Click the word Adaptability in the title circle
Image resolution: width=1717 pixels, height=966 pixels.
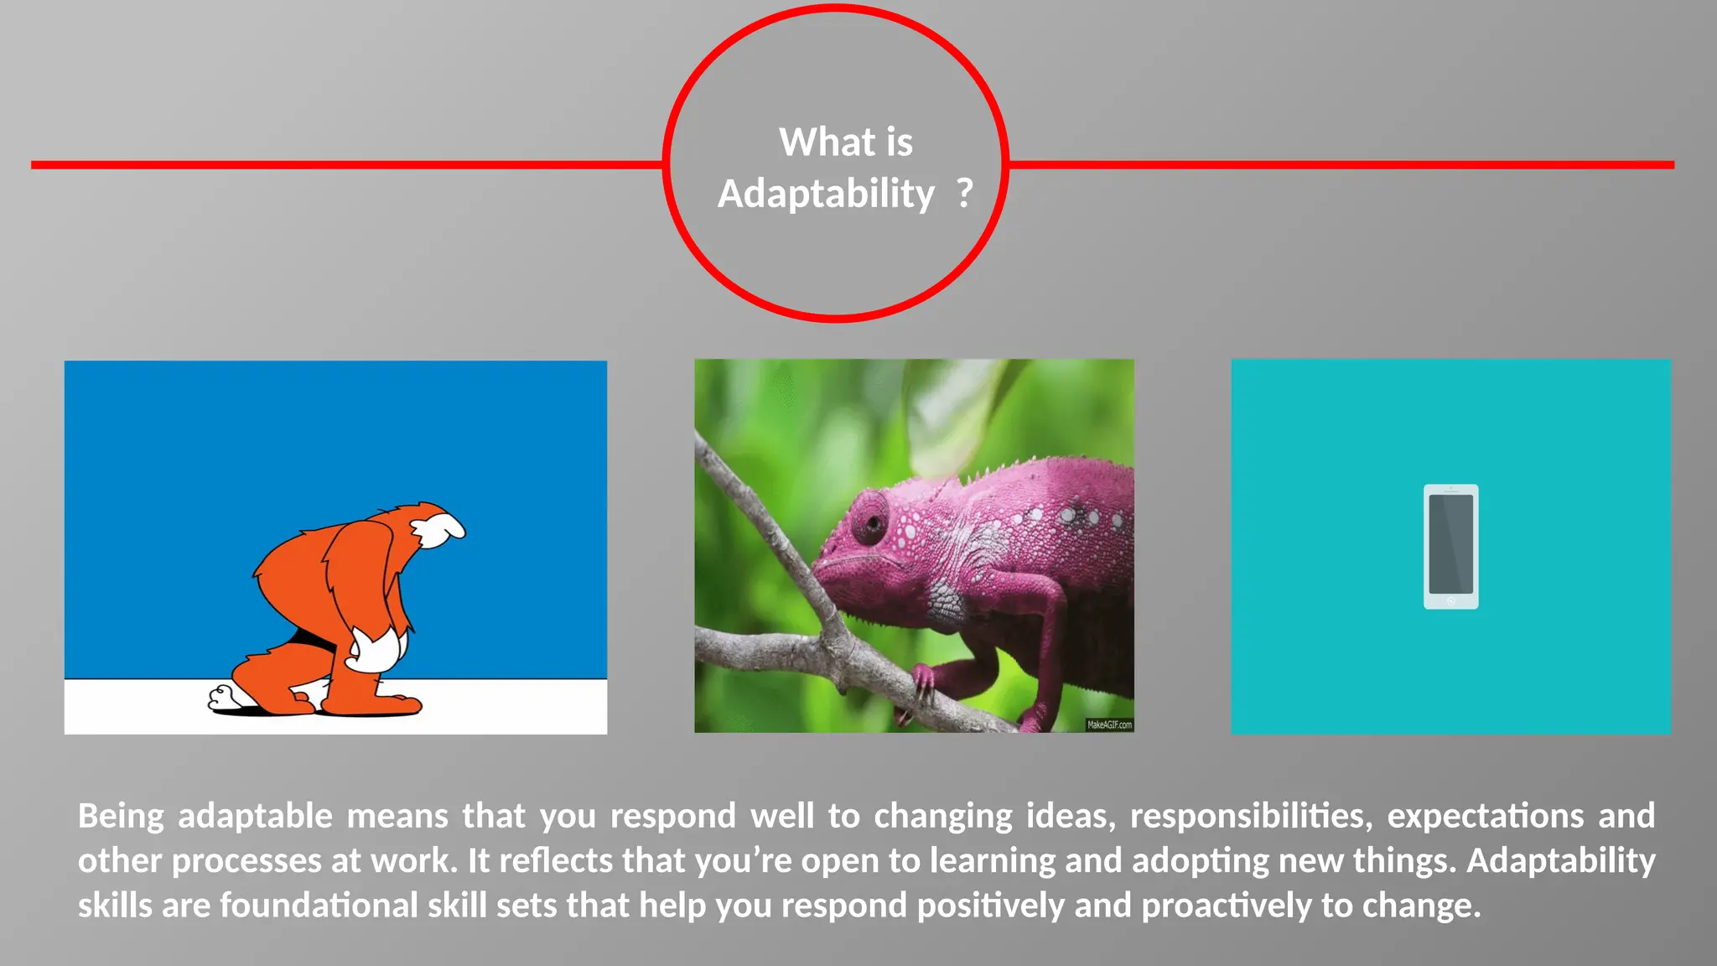pos(826,195)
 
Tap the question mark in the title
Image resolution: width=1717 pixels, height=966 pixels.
pos(965,193)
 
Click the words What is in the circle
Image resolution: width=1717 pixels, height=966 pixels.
pos(845,142)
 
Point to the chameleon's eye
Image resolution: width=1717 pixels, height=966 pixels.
pos(871,523)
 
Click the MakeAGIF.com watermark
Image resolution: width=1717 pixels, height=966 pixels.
pos(1108,724)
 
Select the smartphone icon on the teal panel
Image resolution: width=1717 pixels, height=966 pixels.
pos(1450,546)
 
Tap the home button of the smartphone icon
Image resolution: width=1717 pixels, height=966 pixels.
pos(1450,600)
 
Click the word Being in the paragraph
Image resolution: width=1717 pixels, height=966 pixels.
pos(121,816)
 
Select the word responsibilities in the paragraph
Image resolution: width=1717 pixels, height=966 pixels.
pos(1248,816)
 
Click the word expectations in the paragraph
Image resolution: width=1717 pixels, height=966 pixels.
pos(1485,816)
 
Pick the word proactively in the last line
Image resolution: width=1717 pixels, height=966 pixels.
pos(1227,906)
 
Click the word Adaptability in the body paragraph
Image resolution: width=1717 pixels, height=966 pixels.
pos(1560,861)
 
